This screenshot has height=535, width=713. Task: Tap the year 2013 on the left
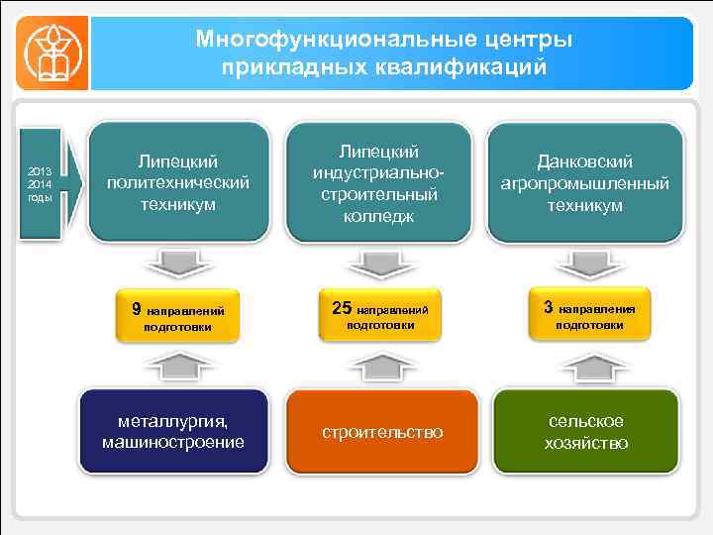coord(40,170)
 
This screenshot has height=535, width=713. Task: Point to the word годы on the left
coord(40,196)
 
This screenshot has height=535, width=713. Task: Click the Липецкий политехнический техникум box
coord(178,182)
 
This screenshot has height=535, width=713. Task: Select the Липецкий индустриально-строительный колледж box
coord(379,182)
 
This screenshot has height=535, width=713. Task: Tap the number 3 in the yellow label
coord(548,307)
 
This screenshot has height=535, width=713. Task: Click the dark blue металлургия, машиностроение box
coord(173,432)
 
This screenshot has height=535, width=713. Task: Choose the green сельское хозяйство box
coord(585,432)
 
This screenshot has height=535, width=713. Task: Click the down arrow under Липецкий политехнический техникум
coord(178,263)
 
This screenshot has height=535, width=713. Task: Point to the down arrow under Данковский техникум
coord(584,263)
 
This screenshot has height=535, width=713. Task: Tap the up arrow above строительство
coord(379,366)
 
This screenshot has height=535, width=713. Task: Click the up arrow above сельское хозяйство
coord(584,366)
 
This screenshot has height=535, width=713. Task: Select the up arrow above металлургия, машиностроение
coord(178,366)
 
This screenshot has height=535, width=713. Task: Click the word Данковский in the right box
coord(584,161)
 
